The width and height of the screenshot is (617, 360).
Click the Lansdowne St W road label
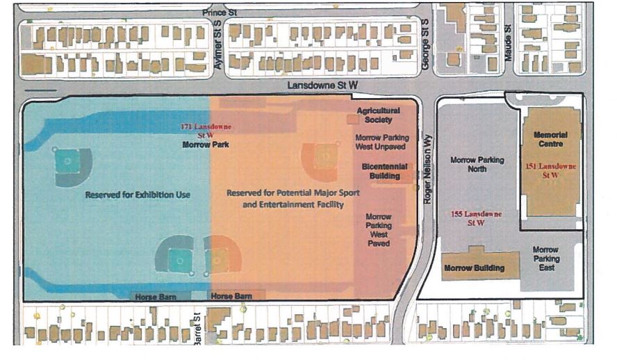pos(324,85)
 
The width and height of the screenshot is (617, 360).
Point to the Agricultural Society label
pos(379,115)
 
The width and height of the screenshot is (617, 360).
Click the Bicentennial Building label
pos(381,172)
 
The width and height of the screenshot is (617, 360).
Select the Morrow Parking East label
pos(547,259)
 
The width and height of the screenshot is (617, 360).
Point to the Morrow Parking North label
pos(477,164)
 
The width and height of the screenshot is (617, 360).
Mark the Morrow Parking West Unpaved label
pos(381,142)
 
